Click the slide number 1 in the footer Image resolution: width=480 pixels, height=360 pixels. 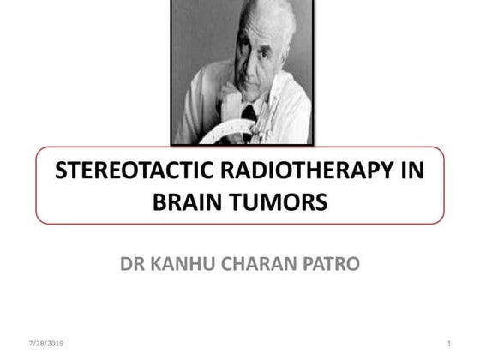(x=449, y=344)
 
